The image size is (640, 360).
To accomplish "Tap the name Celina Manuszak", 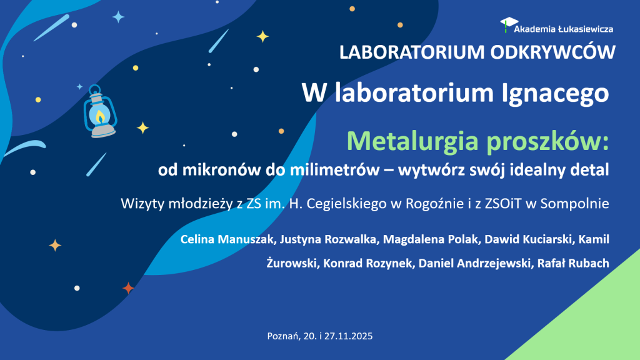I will pos(227,239).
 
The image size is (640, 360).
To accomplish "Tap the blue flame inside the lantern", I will pos(101,117).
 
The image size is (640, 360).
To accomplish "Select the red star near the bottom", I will pos(128,288).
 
